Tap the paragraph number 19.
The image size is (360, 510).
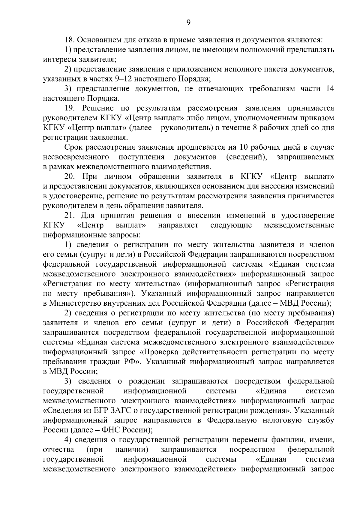coord(70,108)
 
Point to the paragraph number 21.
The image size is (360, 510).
coord(70,215)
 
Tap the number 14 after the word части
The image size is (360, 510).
coord(330,89)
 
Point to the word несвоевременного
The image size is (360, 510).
coord(76,157)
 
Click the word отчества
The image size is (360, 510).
coord(59,450)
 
